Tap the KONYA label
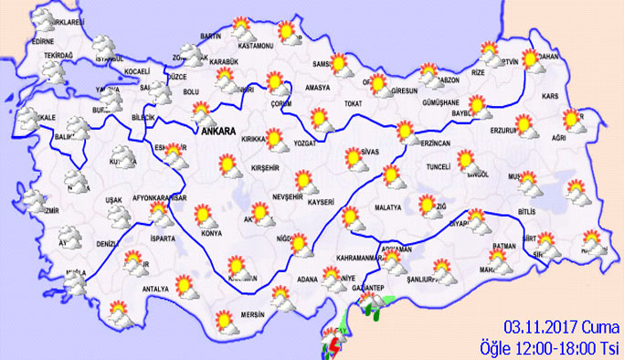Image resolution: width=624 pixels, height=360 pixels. pos(213,232)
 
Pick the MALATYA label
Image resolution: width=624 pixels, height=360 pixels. pos(387,208)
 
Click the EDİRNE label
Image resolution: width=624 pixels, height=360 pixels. pos(42,42)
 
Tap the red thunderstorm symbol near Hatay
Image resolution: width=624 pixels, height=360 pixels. pos(335,346)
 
